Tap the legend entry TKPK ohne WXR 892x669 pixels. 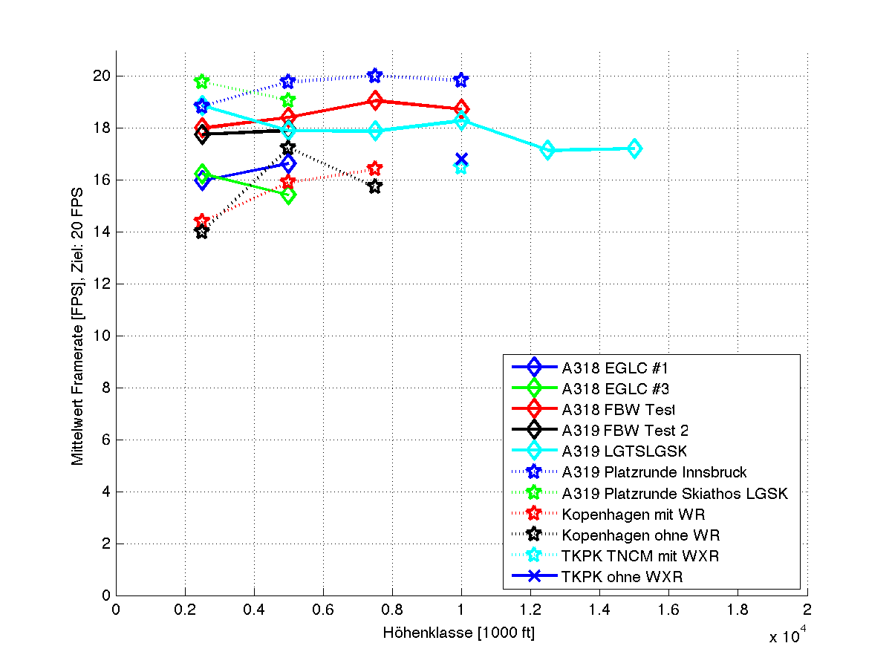pyautogui.click(x=622, y=576)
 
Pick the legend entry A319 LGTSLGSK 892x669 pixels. pyautogui.click(x=625, y=451)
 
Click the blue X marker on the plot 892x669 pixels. pyautogui.click(x=461, y=160)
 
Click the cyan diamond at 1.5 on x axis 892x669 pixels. pyautogui.click(x=634, y=149)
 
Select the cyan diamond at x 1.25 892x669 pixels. pyautogui.click(x=548, y=150)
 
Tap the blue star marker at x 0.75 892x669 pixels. pyautogui.click(x=375, y=76)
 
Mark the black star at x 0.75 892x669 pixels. pyautogui.click(x=375, y=186)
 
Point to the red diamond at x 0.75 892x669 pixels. pyautogui.click(x=375, y=100)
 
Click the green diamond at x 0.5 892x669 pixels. pyautogui.click(x=288, y=195)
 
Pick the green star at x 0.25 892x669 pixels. pyautogui.click(x=201, y=82)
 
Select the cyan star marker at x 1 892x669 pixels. pyautogui.click(x=461, y=168)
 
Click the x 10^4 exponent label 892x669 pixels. pyautogui.click(x=787, y=635)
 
